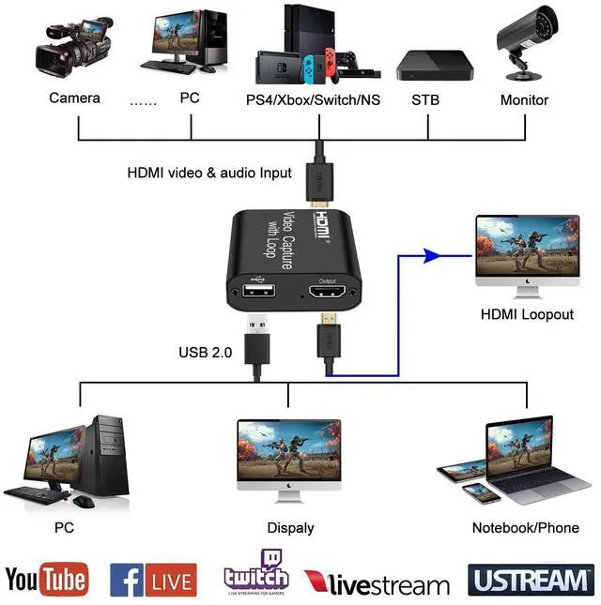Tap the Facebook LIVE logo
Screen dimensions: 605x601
tap(153, 580)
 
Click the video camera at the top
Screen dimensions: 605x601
tap(71, 46)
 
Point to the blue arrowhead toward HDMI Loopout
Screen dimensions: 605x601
tap(433, 253)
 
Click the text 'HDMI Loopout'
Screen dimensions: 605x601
tap(525, 314)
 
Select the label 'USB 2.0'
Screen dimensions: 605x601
tap(204, 354)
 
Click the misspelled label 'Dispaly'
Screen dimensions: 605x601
tap(290, 528)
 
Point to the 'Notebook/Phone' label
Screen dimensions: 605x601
tap(525, 528)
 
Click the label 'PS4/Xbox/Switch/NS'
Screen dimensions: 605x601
tap(313, 99)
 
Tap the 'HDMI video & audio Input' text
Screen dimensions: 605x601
tap(209, 174)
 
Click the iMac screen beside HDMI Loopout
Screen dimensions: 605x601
tap(526, 245)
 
